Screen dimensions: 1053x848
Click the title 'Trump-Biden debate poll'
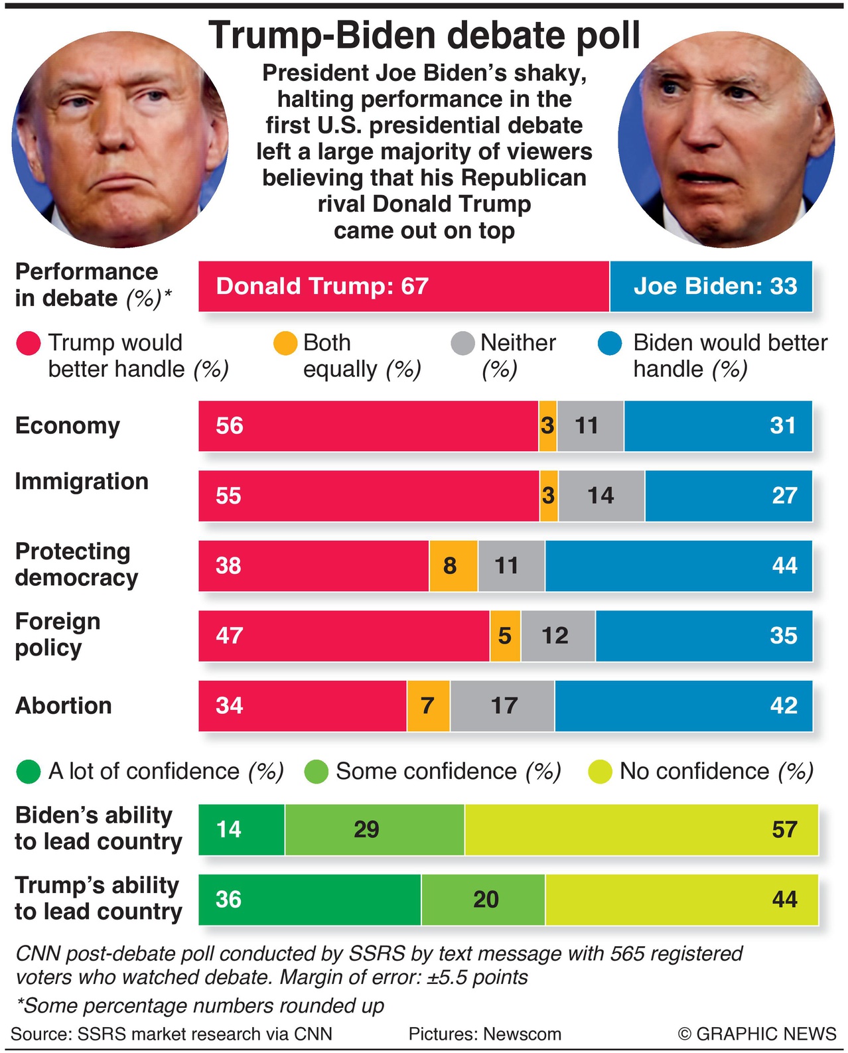pyautogui.click(x=424, y=36)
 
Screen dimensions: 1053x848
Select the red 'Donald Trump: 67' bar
pyautogui.click(x=403, y=287)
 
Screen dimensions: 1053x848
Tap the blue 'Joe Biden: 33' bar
pyautogui.click(x=711, y=287)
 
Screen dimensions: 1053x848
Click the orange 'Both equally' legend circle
pyautogui.click(x=285, y=343)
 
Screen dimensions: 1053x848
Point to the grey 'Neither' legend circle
pyautogui.click(x=462, y=343)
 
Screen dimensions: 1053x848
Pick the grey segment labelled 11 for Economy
pyautogui.click(x=590, y=426)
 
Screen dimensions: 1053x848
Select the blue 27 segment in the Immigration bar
pyautogui.click(x=728, y=496)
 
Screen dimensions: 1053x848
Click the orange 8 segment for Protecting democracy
pyautogui.click(x=453, y=566)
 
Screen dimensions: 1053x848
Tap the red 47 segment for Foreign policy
pyautogui.click(x=344, y=636)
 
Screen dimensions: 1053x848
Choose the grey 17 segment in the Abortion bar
pyautogui.click(x=502, y=706)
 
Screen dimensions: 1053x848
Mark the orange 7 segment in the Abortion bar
pyautogui.click(x=428, y=706)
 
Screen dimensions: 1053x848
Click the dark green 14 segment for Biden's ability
pyautogui.click(x=242, y=829)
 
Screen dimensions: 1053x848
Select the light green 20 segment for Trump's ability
pyautogui.click(x=483, y=900)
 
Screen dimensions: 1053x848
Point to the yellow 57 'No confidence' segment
pyautogui.click(x=641, y=829)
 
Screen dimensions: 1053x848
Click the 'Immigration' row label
pyautogui.click(x=82, y=482)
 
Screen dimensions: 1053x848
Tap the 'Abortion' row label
pyautogui.click(x=64, y=706)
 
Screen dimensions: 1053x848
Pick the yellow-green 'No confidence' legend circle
pyautogui.click(x=600, y=772)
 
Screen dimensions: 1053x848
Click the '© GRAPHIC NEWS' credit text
pyautogui.click(x=757, y=1034)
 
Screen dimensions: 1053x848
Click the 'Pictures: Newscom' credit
pyautogui.click(x=484, y=1034)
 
